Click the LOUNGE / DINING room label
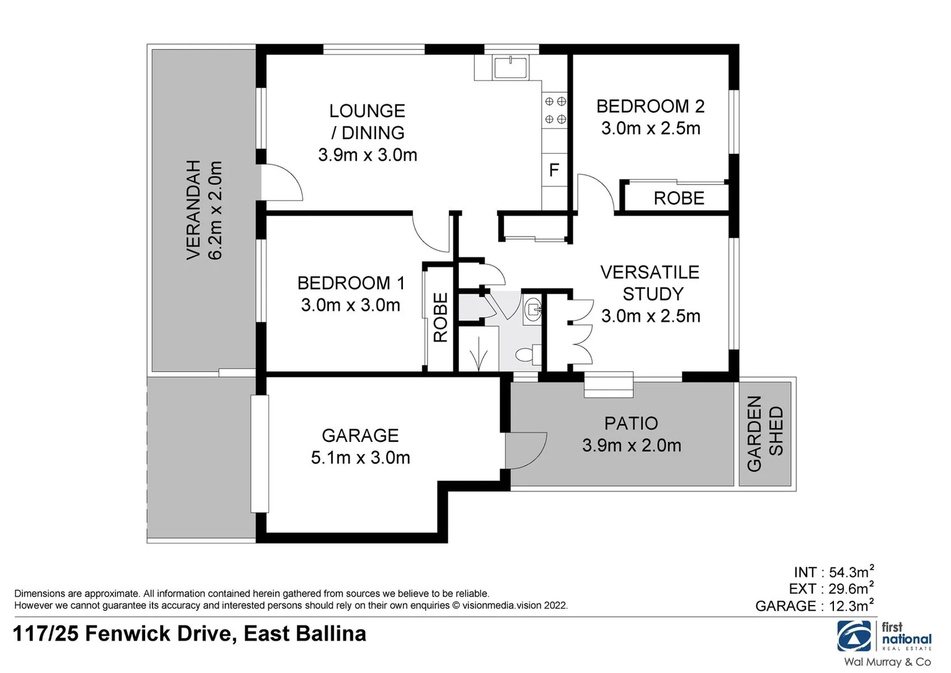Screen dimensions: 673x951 367,122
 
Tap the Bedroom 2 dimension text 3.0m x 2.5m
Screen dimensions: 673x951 650,128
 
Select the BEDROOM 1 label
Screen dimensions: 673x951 351,283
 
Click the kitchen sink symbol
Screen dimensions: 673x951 511,67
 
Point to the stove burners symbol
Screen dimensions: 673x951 554,110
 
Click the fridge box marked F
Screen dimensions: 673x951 554,169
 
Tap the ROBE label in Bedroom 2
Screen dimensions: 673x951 679,198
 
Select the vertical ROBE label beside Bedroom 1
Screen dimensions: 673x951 440,318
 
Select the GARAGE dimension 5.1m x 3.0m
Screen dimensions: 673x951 360,458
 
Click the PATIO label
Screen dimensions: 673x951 631,424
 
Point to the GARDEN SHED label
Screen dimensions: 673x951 764,433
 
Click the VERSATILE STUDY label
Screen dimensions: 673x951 650,283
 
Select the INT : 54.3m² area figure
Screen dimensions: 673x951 833,572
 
